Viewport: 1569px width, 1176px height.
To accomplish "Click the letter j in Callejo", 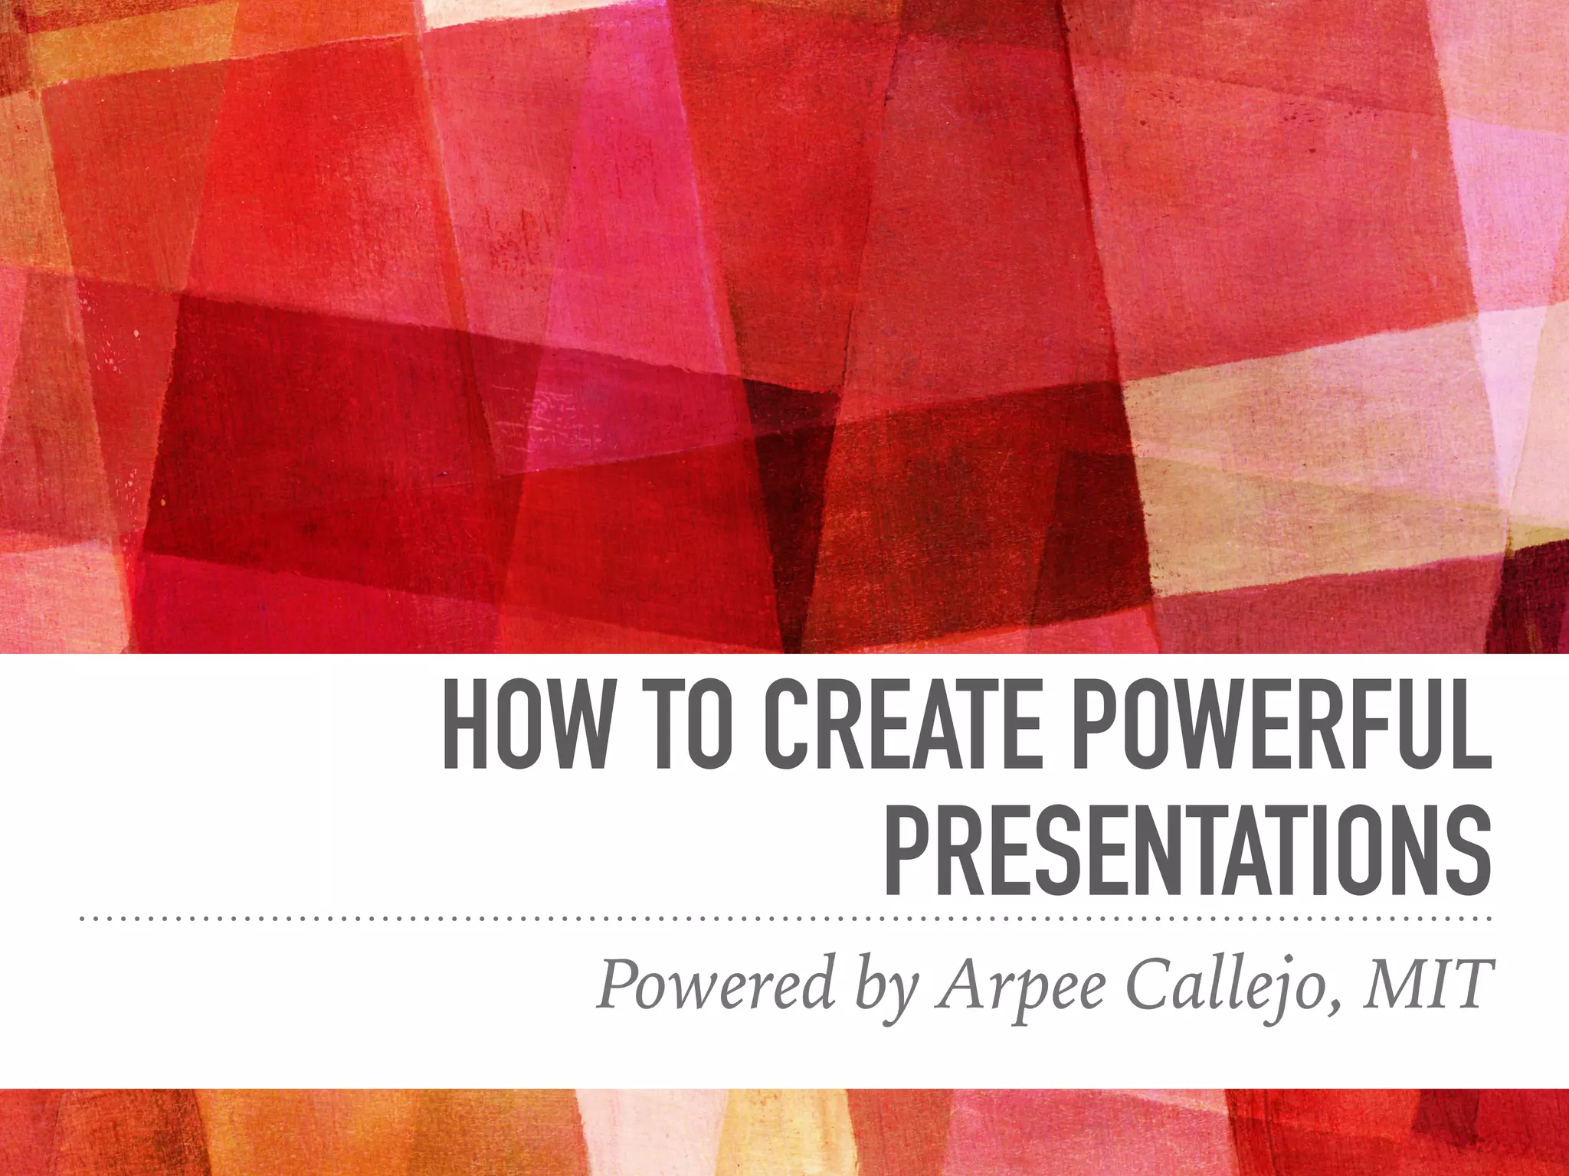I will [1305, 988].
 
